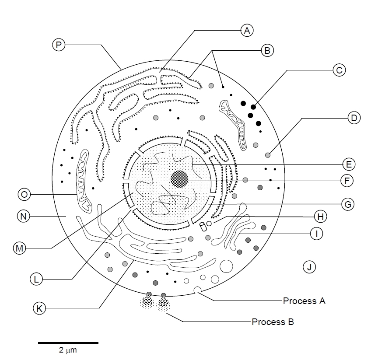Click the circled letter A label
247,30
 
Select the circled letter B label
267,50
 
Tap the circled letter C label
339,70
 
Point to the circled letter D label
353,118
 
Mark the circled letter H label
320,216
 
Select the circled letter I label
316,234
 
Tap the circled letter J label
309,266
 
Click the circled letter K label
39,308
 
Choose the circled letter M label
19,248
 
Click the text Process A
304,301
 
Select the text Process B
273,322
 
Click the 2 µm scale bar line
68,343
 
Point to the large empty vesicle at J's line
226,266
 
